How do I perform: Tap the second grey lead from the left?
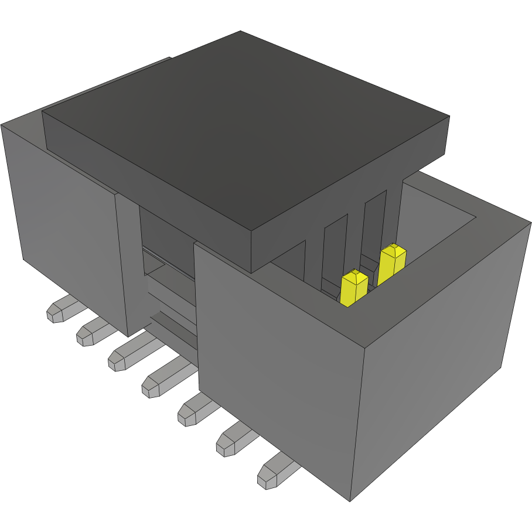click(91, 332)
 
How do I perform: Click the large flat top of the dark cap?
click(246, 129)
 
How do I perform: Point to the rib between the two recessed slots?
click(354, 234)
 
